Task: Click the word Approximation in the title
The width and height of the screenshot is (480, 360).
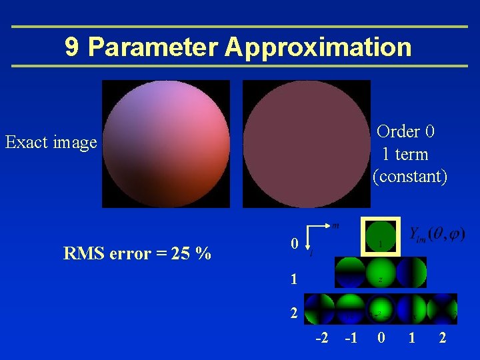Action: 318,47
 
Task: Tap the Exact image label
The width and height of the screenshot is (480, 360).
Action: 51,142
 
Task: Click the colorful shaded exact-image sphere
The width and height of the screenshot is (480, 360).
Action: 165,143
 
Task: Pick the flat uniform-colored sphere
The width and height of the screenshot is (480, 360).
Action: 306,143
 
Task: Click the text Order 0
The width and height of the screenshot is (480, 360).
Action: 405,131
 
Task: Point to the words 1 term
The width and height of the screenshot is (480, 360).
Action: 405,154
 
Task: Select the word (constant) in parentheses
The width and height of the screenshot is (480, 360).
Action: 410,177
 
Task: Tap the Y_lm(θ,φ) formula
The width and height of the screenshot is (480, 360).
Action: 437,234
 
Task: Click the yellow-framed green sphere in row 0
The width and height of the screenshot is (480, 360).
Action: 379,237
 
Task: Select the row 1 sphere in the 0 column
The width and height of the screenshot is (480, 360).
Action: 380,273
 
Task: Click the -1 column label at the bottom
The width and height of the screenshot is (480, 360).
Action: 351,338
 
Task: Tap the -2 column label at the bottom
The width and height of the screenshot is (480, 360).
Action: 322,338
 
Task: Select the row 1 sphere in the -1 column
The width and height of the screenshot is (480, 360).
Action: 350,273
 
